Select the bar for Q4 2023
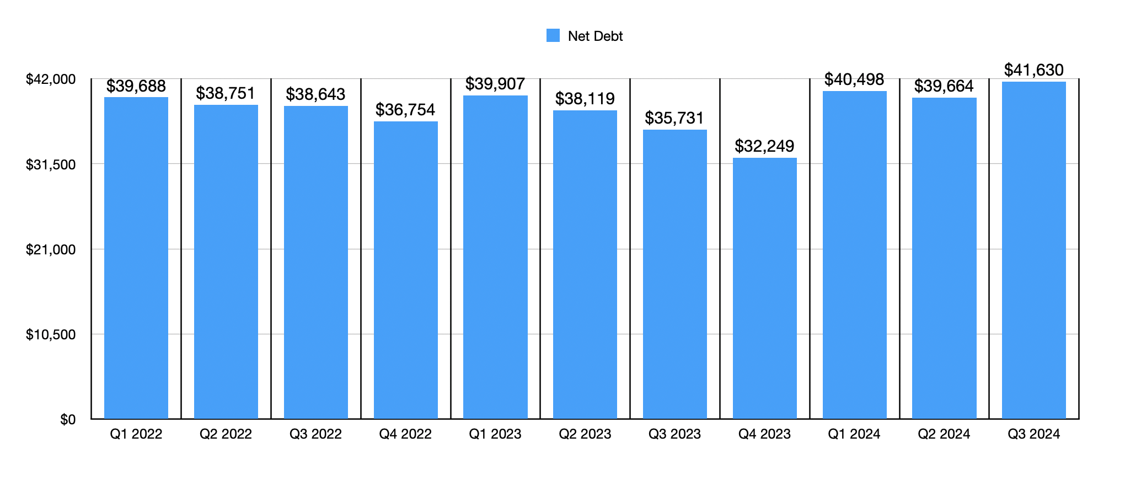[x=764, y=288]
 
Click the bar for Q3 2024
[x=1033, y=250]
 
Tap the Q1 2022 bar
[x=136, y=258]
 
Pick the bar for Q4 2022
[x=406, y=270]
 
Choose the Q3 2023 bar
[x=674, y=274]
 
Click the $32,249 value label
[x=764, y=146]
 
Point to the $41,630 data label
[x=1033, y=70]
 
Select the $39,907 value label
[x=495, y=84]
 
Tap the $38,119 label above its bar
[x=585, y=99]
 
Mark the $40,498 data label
[x=854, y=79]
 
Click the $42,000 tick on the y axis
[x=51, y=79]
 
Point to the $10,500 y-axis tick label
[x=51, y=335]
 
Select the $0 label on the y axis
[x=68, y=420]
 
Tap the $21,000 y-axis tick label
[x=51, y=250]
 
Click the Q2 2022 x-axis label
[x=226, y=434]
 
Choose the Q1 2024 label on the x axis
[x=854, y=434]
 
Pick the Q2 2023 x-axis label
[x=585, y=434]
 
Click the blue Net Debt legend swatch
[x=553, y=36]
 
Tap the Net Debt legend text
[x=595, y=36]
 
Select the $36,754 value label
[x=405, y=110]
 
